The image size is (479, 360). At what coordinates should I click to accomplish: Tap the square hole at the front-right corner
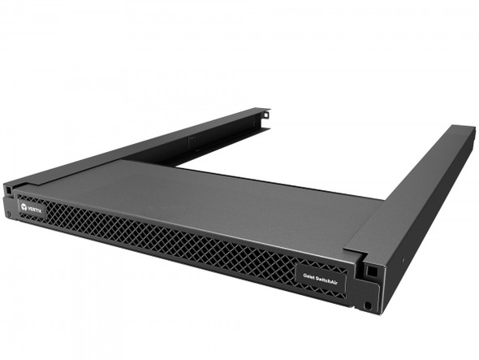point(367,267)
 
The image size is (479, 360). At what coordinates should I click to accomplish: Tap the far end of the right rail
point(463,130)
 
